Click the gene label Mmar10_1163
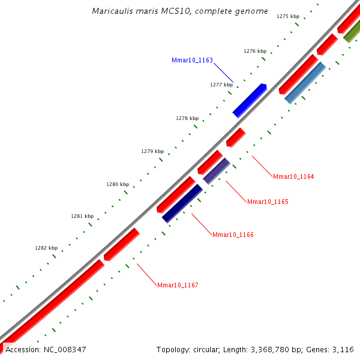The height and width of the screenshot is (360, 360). (192, 60)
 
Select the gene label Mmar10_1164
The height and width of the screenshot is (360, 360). (293, 176)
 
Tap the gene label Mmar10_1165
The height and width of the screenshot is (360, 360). (268, 202)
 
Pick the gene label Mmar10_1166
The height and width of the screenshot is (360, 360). (233, 235)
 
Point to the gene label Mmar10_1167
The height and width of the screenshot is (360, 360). (178, 285)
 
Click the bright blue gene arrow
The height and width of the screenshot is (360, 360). (249, 100)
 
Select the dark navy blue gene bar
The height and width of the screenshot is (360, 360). (182, 203)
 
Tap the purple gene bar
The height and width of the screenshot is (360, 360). (217, 171)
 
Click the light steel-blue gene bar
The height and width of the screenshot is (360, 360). (305, 83)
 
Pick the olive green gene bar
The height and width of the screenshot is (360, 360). (352, 32)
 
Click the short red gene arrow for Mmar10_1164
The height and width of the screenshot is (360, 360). (236, 137)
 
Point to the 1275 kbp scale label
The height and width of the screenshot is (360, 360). (288, 16)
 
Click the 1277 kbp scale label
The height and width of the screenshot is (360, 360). (221, 85)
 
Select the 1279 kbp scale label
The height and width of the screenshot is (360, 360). (152, 151)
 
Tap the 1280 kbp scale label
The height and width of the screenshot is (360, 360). (118, 184)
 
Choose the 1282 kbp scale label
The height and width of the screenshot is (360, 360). (46, 248)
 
